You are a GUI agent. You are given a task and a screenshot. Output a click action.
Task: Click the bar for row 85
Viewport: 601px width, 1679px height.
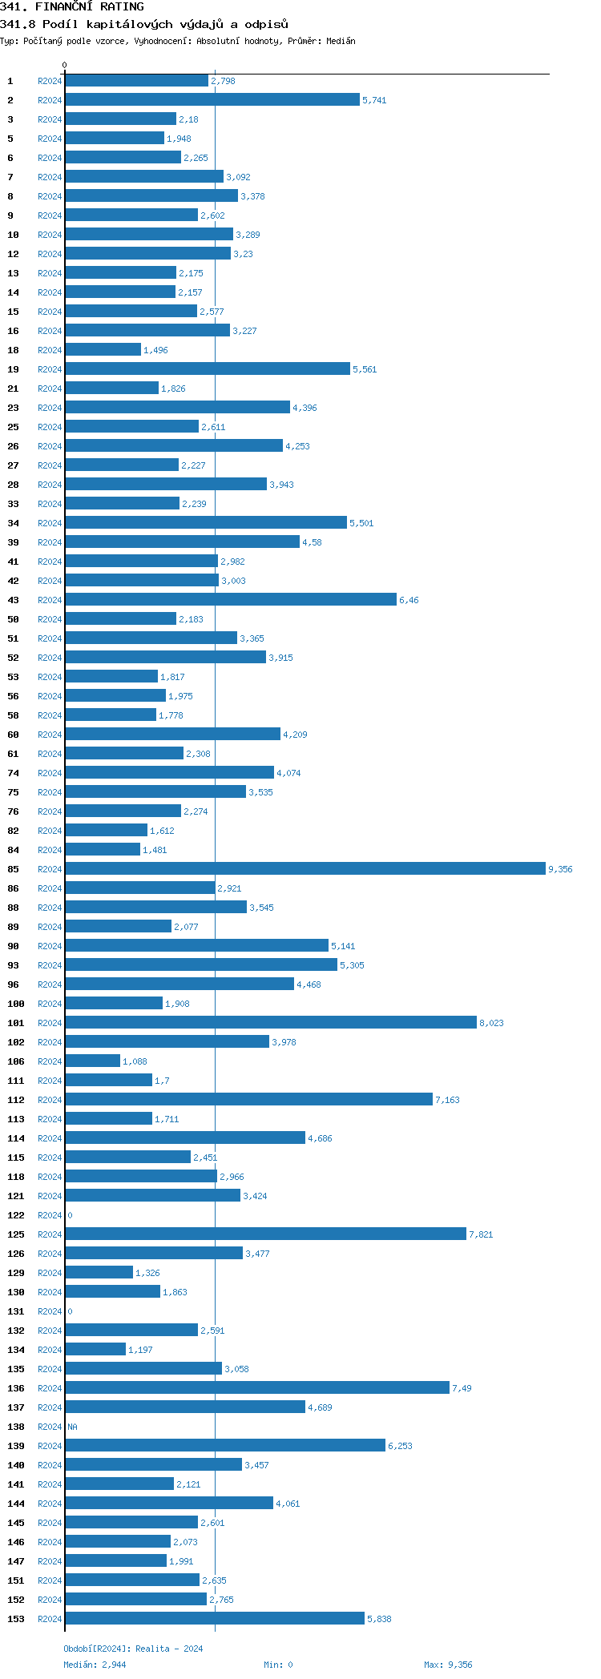point(305,868)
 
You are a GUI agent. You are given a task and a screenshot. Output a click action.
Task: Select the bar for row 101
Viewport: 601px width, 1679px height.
point(271,1022)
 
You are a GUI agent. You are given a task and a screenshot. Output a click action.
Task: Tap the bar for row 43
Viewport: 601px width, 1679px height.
point(231,599)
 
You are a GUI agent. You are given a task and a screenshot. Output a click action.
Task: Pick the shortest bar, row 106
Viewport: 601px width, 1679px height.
point(93,1061)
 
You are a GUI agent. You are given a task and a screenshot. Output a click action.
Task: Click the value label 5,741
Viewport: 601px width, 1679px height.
point(374,100)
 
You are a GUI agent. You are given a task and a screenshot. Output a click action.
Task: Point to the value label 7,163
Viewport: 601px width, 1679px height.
point(447,1100)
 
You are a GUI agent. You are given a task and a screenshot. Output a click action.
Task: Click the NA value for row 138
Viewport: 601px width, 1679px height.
point(72,1427)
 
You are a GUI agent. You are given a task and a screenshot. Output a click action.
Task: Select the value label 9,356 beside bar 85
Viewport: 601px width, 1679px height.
point(560,869)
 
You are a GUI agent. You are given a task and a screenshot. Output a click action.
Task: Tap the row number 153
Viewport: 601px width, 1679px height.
point(16,1619)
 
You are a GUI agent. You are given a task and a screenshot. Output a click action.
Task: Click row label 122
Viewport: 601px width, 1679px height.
point(16,1215)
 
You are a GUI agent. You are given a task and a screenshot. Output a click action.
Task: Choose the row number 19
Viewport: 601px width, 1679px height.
point(13,369)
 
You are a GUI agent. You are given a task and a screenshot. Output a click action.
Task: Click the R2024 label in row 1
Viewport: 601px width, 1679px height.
point(50,81)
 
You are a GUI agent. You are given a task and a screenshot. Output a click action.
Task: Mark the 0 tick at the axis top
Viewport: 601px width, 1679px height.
point(65,65)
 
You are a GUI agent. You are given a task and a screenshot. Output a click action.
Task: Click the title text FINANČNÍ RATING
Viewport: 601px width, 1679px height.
point(90,6)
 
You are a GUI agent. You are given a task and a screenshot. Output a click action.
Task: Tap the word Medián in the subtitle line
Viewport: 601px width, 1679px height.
point(341,41)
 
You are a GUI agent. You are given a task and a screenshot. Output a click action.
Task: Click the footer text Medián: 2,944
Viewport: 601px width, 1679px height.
point(95,1665)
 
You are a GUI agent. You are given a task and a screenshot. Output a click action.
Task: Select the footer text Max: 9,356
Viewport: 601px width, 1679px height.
point(448,1665)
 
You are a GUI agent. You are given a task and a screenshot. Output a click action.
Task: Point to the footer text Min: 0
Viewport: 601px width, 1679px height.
point(278,1665)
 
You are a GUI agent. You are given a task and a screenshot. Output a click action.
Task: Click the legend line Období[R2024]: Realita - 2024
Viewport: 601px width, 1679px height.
point(133,1649)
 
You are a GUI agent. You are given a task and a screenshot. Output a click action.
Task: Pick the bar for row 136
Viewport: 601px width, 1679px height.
point(256,1387)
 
